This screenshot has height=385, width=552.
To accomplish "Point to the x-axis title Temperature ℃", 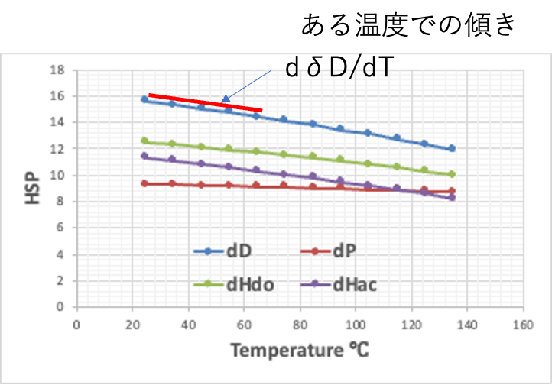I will [x=299, y=351].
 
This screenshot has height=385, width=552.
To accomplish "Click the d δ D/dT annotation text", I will [x=339, y=69].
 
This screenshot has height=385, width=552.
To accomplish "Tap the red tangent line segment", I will [x=205, y=102].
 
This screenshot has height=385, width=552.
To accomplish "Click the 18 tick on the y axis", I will [x=55, y=70].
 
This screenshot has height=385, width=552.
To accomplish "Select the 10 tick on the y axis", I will [x=55, y=175].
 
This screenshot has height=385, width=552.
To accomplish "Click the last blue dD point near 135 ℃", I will [x=452, y=149].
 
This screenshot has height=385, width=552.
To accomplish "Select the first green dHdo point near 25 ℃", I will [x=144, y=141].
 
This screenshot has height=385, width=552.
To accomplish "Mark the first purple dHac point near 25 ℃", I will [x=144, y=156].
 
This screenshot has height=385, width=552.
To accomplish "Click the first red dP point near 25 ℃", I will [x=144, y=183].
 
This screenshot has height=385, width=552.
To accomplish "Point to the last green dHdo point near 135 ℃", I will [x=452, y=174].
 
